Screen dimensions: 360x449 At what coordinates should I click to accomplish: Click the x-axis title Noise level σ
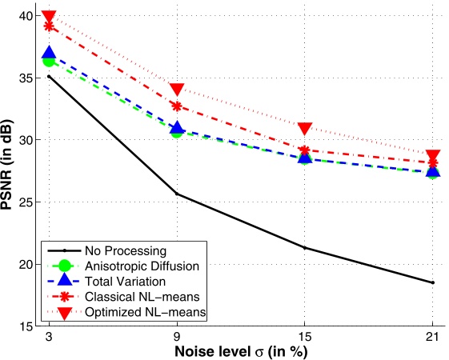point(240,350)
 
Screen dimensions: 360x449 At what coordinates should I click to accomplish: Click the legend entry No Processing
point(127,250)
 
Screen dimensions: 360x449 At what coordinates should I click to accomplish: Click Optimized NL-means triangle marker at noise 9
point(177,89)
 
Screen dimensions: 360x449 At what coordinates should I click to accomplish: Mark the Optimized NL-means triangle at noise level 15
point(305,129)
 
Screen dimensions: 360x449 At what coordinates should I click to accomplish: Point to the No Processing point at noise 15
point(305,248)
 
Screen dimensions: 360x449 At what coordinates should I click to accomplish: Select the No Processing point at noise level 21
point(433,282)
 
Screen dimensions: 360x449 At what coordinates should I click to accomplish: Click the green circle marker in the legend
point(66,265)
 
